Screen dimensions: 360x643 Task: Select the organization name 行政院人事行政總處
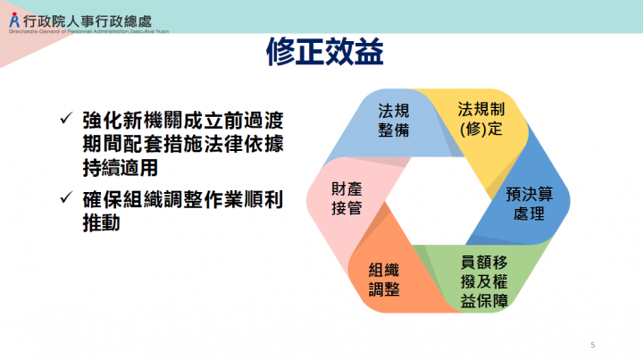(94, 15)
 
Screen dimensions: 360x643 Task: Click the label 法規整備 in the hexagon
(393, 120)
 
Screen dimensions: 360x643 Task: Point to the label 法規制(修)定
(481, 118)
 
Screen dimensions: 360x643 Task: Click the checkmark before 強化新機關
(65, 119)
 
